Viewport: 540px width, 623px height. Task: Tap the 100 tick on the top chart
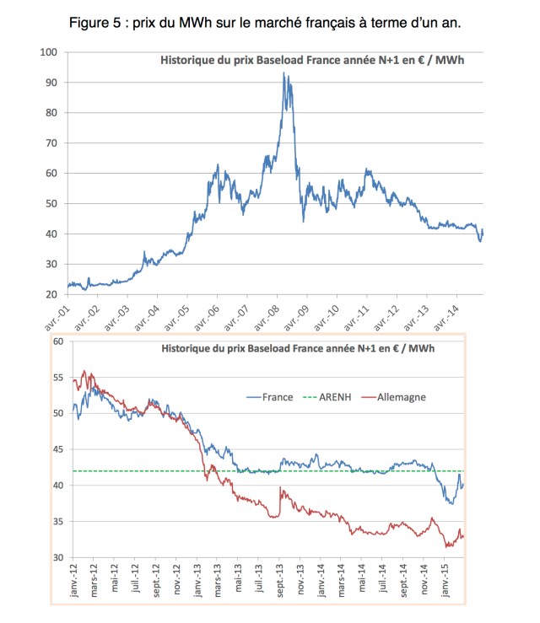[x=48, y=52]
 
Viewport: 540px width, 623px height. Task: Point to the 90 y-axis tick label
[x=51, y=83]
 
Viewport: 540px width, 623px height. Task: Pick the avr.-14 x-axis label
[x=447, y=317]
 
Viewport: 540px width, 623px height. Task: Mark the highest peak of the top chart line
[x=283, y=73]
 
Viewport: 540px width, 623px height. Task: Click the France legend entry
[x=276, y=396]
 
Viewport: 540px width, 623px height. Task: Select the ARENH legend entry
[x=339, y=396]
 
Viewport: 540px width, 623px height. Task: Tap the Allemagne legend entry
[x=402, y=396]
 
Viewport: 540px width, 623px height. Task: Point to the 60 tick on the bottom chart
[x=58, y=341]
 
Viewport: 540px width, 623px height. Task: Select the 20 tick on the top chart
[x=51, y=295]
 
